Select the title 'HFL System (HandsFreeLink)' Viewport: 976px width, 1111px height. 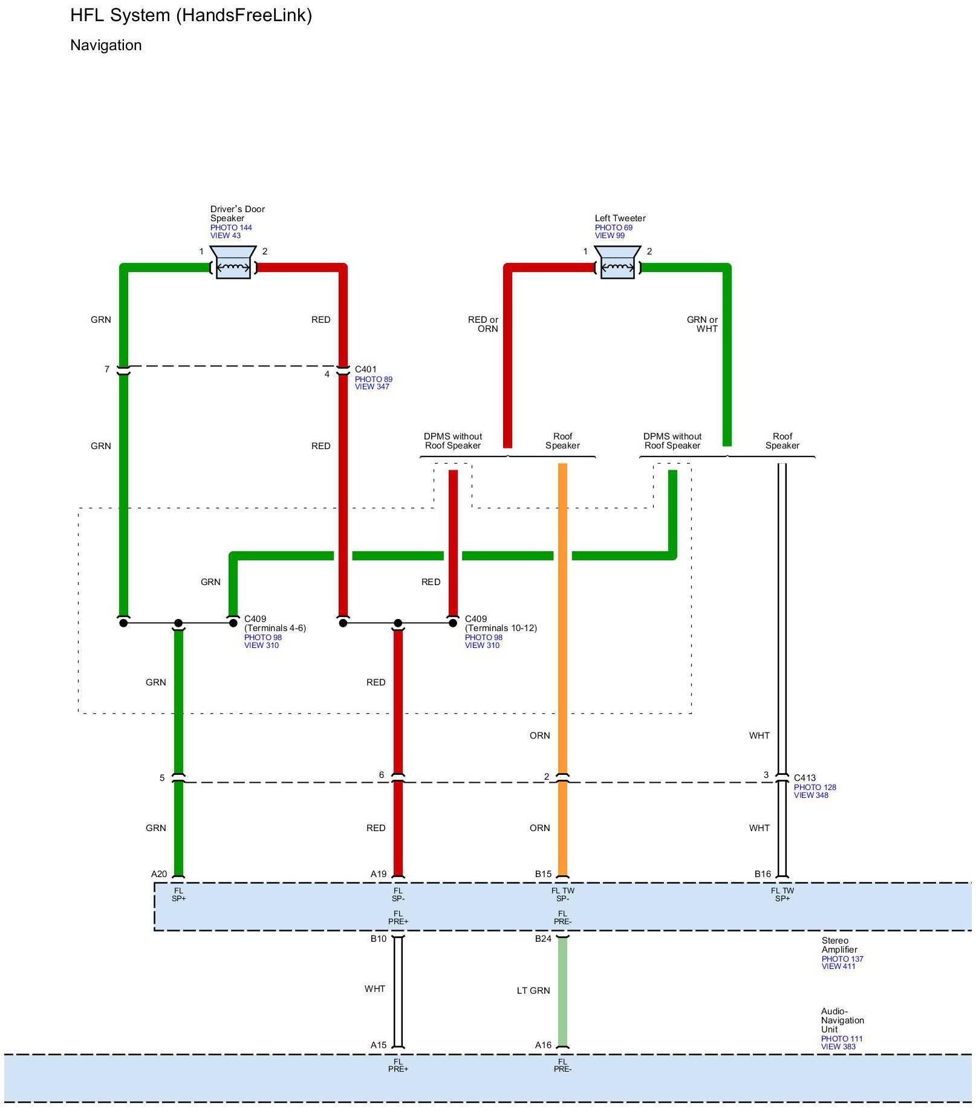(x=191, y=15)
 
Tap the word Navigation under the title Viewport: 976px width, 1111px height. (x=106, y=45)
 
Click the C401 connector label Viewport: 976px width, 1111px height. (x=365, y=369)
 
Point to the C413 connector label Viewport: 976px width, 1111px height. (x=804, y=778)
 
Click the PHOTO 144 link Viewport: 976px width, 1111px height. (x=231, y=228)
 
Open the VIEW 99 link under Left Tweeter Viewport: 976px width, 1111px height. (x=610, y=236)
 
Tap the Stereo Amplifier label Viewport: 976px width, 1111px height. (x=839, y=945)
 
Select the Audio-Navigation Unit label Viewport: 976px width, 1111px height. (x=842, y=1020)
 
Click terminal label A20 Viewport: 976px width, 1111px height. (x=159, y=874)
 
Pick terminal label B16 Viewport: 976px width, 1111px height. (x=763, y=874)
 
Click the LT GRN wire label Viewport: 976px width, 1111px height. (x=533, y=991)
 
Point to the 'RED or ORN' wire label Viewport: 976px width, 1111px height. (x=483, y=324)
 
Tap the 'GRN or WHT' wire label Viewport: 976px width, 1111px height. (x=703, y=324)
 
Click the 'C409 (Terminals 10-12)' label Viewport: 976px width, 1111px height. (x=500, y=623)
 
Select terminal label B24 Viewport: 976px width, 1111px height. (x=543, y=939)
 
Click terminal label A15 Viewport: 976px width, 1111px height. (x=379, y=1045)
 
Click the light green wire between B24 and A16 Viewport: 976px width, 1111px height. (x=562, y=991)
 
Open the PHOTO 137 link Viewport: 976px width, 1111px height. (x=842, y=959)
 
